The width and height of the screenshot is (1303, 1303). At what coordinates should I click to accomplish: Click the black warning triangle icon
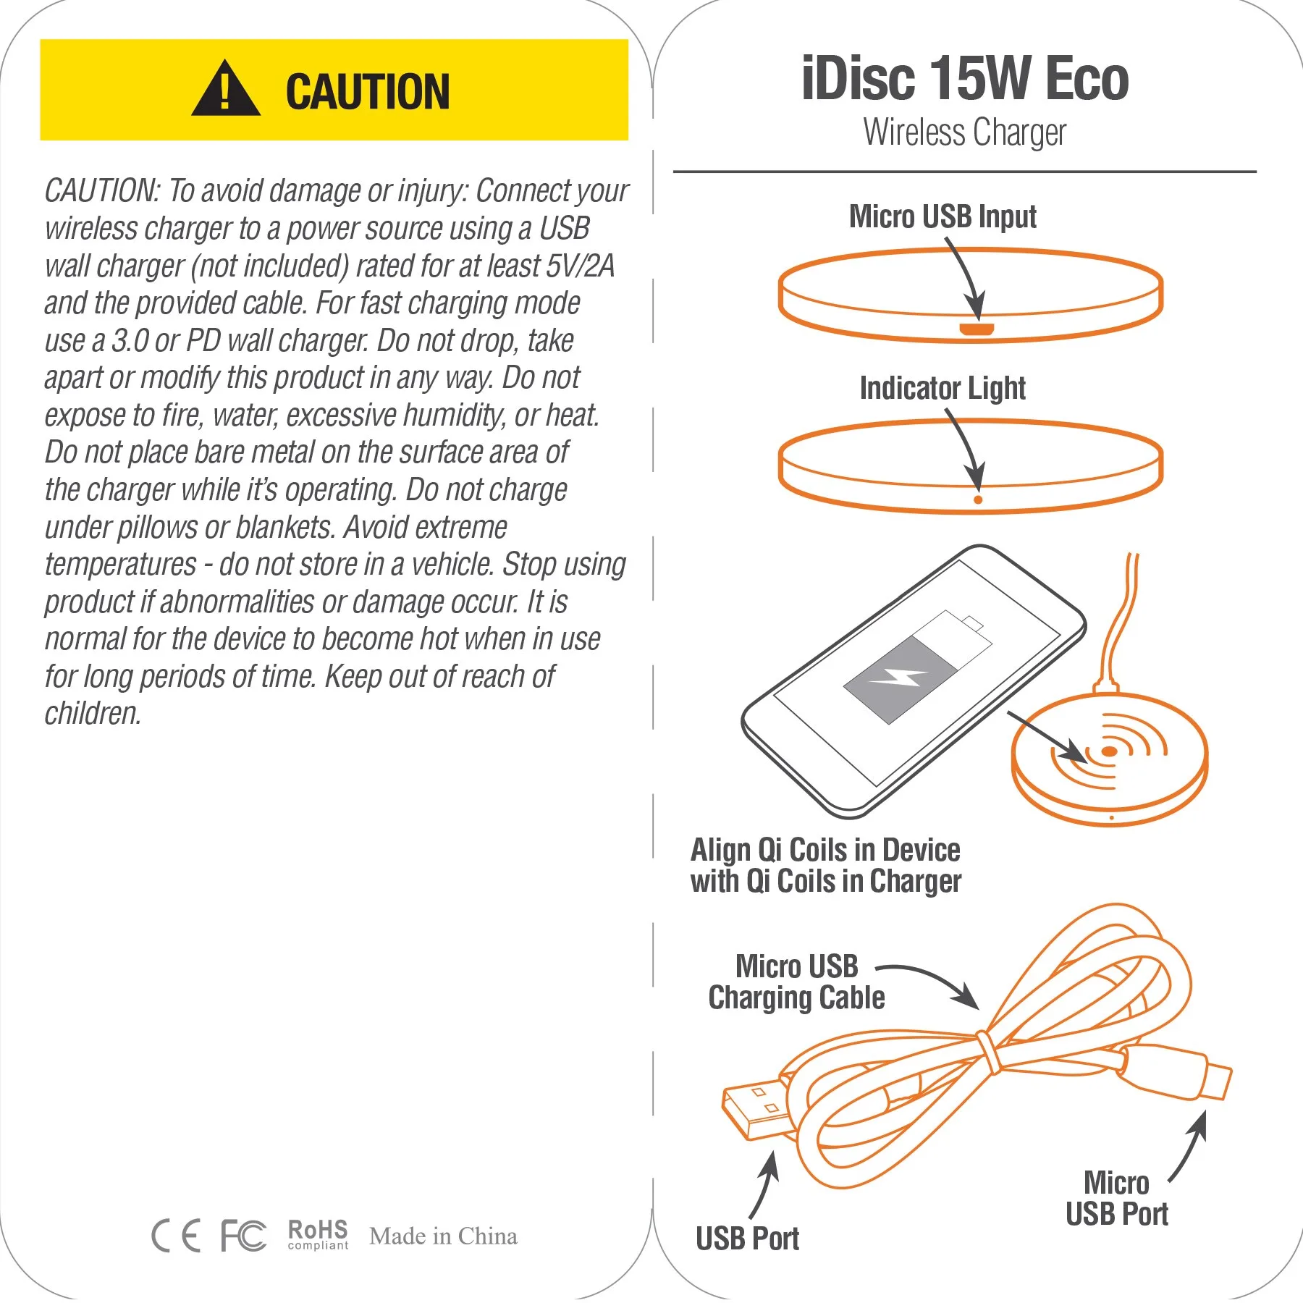[226, 89]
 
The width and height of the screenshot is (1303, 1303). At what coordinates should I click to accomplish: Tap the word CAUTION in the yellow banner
[368, 92]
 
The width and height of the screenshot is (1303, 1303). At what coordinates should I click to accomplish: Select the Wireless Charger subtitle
[965, 133]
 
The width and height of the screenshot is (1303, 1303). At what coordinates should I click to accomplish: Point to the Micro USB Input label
[943, 216]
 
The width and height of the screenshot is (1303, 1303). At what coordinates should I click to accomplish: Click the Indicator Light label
[943, 389]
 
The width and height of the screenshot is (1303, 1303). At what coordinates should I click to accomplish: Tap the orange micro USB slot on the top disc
[977, 330]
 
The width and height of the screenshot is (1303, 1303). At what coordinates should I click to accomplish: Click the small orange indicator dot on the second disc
[978, 499]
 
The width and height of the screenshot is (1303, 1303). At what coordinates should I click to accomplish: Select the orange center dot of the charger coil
[1109, 751]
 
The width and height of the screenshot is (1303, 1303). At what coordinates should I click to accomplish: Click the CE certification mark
[176, 1236]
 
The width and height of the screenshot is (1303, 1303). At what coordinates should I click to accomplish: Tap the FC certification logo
[243, 1236]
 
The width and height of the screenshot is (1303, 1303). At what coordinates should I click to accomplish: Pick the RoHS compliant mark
[318, 1234]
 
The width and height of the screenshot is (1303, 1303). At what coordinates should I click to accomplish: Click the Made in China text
[443, 1236]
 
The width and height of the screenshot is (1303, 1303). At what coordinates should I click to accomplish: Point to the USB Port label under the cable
[747, 1239]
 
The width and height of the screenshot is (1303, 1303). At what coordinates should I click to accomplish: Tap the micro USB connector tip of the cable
[1216, 1081]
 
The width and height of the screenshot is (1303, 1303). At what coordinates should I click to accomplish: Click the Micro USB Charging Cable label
[796, 982]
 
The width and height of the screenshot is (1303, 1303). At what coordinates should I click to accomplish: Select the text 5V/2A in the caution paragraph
[580, 266]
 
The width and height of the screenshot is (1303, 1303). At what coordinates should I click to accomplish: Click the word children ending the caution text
[93, 714]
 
